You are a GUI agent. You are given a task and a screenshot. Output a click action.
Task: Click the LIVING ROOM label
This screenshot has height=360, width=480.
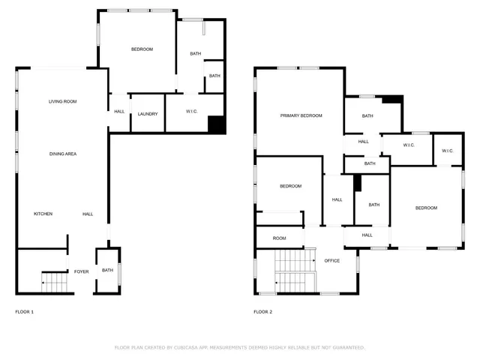coord(63,101)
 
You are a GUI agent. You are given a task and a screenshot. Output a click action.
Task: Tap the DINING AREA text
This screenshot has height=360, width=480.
coord(63,154)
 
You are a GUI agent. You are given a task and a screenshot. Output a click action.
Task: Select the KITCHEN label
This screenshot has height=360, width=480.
coord(43,214)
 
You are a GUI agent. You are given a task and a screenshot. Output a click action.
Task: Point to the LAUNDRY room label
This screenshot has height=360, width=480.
coord(148,114)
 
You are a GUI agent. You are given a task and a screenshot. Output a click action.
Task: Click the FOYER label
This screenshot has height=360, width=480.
coord(81,271)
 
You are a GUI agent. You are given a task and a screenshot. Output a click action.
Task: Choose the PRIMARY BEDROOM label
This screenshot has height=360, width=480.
coord(301,115)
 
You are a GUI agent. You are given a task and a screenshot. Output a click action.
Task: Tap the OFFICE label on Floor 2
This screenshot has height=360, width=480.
coord(331,261)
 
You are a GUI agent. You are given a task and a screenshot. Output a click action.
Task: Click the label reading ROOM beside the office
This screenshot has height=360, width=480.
coord(279,238)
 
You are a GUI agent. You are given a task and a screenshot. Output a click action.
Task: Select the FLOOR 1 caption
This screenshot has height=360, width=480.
coord(25,311)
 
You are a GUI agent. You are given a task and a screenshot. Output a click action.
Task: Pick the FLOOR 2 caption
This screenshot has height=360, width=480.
coord(262,311)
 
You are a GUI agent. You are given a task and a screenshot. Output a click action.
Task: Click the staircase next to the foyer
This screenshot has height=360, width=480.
coord(55,283)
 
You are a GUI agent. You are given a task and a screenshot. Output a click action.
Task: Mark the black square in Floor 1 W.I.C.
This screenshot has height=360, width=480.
coord(216,124)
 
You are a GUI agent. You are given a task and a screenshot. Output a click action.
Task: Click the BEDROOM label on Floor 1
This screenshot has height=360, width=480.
coord(142,49)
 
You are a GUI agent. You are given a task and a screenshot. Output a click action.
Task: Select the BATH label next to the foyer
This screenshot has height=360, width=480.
coord(107,271)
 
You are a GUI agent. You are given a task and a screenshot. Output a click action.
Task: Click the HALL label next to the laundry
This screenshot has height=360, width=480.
coord(119,112)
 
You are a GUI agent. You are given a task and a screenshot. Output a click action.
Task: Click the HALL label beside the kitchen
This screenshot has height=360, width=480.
coord(88,214)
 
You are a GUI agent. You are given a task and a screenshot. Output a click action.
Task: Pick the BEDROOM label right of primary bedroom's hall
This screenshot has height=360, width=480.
coord(426,208)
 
